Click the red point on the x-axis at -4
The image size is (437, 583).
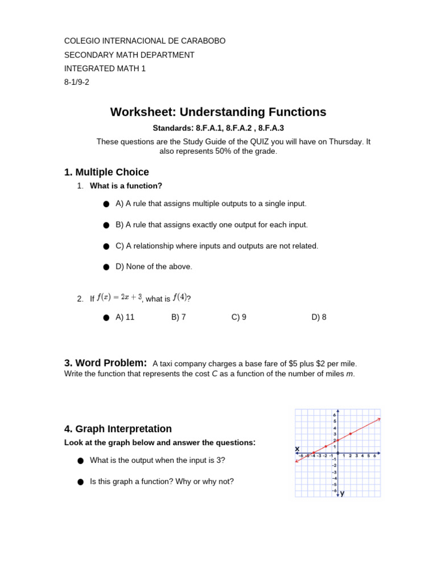(x=313, y=453)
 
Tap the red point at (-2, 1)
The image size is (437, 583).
(x=325, y=446)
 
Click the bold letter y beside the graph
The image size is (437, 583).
(x=342, y=494)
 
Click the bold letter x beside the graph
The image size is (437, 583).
(x=297, y=449)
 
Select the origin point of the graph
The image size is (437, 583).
(x=338, y=453)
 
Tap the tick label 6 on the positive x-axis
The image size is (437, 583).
(x=374, y=456)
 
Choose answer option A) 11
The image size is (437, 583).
(x=125, y=317)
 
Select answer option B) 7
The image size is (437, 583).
(x=178, y=317)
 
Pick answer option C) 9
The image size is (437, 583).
(x=238, y=317)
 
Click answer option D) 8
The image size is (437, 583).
(x=319, y=317)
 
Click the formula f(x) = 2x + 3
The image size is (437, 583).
(x=119, y=297)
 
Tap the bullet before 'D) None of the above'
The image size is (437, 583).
(x=106, y=267)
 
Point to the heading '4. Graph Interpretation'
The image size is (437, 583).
(x=118, y=429)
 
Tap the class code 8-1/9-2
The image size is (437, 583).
(x=77, y=82)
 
